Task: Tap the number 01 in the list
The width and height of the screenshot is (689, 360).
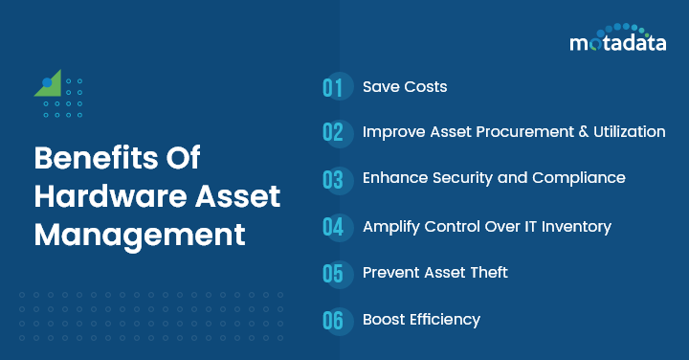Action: coord(332,87)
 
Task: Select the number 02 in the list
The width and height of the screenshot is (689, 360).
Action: coord(332,133)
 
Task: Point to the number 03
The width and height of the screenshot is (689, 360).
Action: coord(332,179)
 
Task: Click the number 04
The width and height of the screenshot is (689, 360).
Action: coord(332,227)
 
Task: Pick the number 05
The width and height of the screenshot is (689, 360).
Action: coord(332,274)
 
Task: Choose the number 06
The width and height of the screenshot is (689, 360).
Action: coord(332,320)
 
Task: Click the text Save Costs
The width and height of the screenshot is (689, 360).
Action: coord(405,87)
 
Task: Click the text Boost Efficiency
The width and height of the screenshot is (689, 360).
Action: coord(421,320)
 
